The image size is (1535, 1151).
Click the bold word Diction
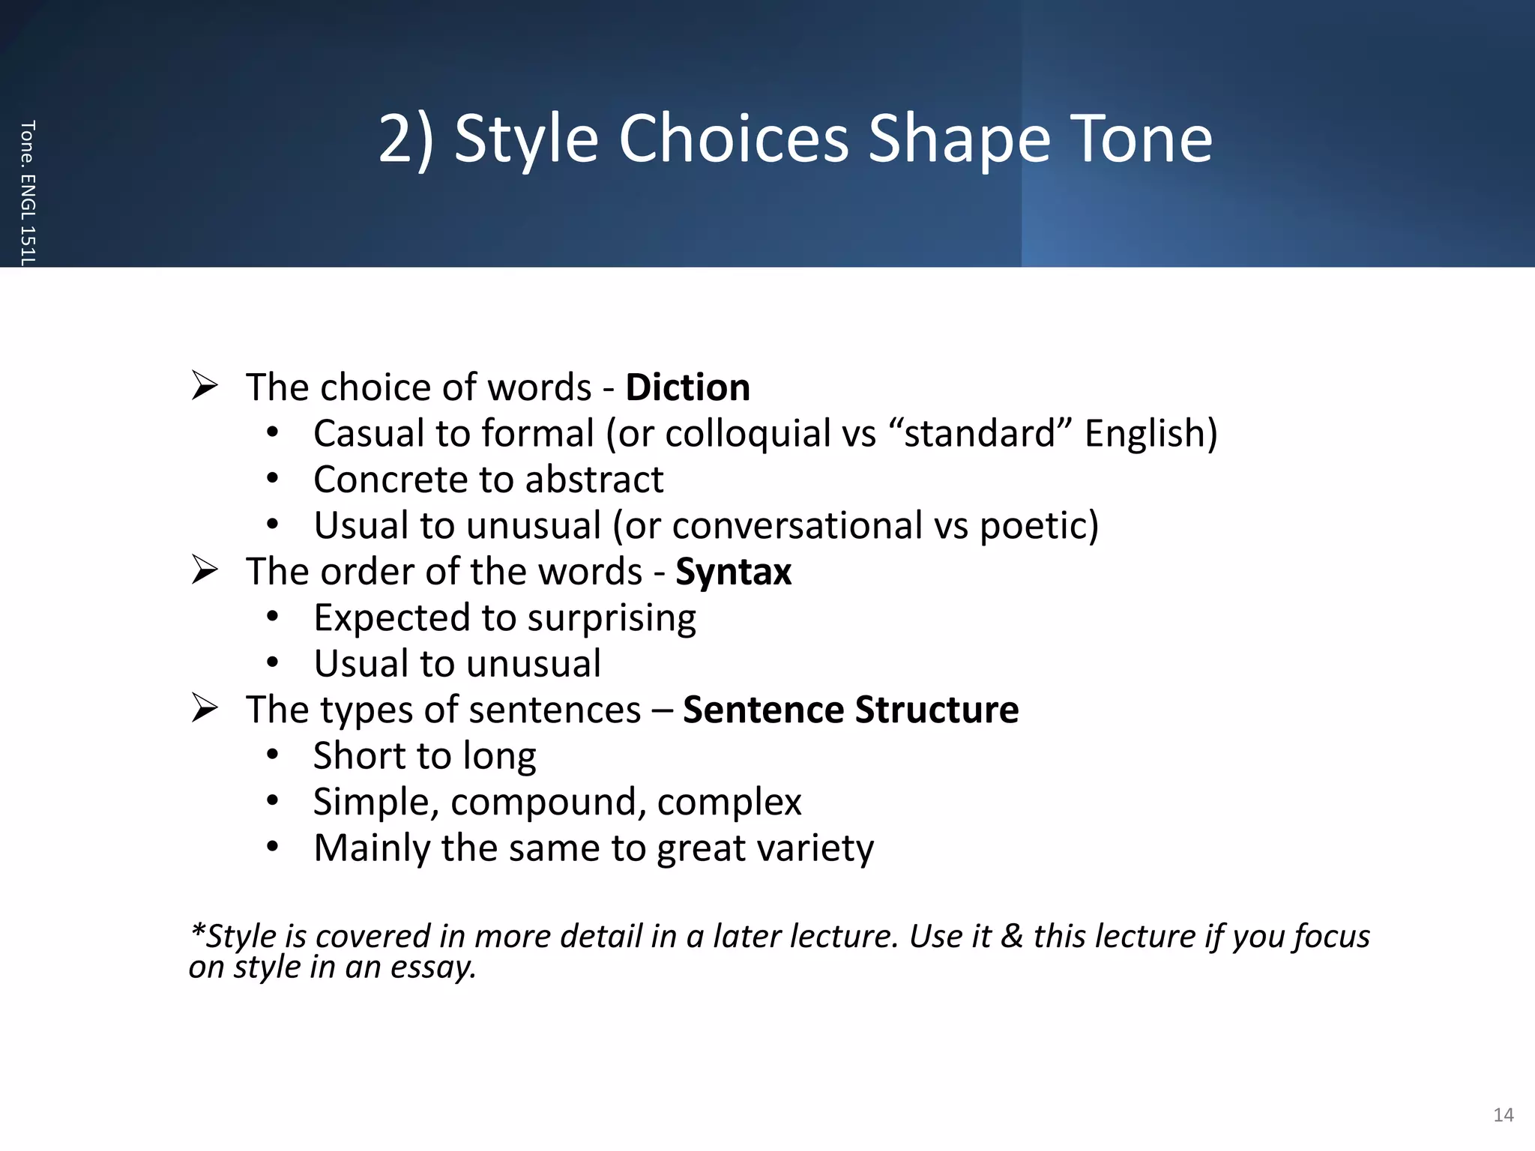[x=687, y=387]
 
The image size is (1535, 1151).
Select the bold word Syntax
[x=733, y=572]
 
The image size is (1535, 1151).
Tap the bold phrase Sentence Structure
[x=851, y=710]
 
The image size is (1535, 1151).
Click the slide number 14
[x=1503, y=1115]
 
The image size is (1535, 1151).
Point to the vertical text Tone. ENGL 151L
[x=28, y=193]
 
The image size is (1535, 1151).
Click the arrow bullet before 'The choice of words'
[x=204, y=386]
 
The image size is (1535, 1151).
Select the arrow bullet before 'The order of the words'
[x=204, y=570]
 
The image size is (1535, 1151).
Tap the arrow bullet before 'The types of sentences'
[x=204, y=708]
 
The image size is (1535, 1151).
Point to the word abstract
[x=594, y=480]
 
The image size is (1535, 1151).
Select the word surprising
[x=612, y=618]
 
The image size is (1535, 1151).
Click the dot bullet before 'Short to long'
[x=272, y=755]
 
